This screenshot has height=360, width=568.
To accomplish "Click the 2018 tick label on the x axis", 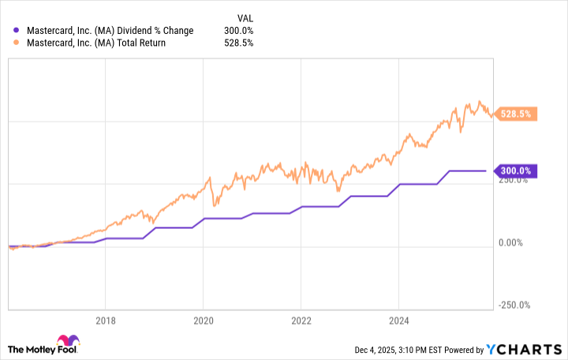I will click(105, 321).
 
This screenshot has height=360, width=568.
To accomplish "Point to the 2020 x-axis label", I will click(203, 321).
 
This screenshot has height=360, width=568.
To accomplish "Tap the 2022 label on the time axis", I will click(301, 321).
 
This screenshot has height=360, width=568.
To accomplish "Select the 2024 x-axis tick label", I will click(398, 321).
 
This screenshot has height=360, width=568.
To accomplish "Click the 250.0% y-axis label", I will click(514, 180).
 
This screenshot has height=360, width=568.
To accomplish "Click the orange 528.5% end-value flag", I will click(517, 114).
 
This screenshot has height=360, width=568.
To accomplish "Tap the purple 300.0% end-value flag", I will click(517, 171).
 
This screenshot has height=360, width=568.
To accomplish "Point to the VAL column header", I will click(247, 17).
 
